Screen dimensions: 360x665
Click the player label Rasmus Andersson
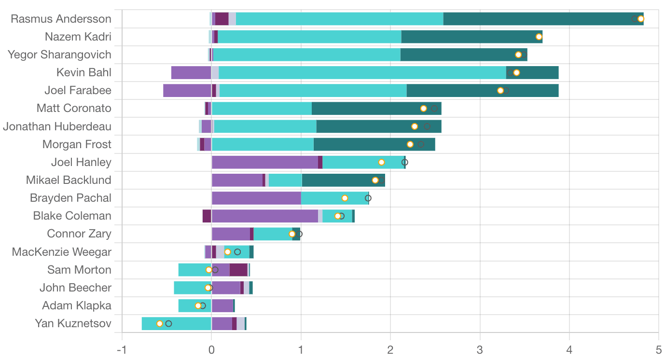61,19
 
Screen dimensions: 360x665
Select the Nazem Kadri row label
78,37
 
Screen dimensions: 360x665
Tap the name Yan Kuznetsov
73,323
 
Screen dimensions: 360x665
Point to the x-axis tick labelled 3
480,349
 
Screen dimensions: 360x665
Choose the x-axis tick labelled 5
658,349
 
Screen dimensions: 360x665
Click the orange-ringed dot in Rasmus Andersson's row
641,19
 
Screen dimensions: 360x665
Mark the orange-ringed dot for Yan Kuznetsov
160,323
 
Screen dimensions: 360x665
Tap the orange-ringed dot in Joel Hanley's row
381,162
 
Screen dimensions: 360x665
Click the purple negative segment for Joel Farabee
187,90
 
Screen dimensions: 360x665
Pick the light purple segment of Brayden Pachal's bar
256,198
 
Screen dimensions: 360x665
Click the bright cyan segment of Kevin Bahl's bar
362,72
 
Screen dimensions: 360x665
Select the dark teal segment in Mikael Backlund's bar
338,180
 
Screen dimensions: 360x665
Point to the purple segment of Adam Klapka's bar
222,305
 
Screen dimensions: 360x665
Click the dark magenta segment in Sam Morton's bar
238,270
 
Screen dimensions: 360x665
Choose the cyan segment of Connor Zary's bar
273,234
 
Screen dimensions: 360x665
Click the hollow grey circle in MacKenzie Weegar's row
237,252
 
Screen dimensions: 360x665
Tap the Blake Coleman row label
72,216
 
